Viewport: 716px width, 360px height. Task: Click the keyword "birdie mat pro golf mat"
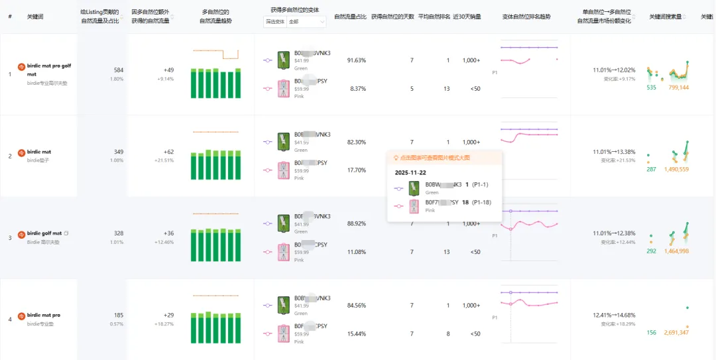(x=48, y=70)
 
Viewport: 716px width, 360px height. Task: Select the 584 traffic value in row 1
(x=118, y=70)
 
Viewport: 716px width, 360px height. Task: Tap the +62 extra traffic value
(x=168, y=152)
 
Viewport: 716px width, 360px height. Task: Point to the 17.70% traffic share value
(x=357, y=170)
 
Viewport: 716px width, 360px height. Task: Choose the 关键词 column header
(x=35, y=16)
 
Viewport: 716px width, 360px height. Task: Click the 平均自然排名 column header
(x=434, y=16)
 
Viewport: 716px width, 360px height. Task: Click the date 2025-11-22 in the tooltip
(x=410, y=172)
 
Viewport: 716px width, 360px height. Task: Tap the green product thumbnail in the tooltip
(x=414, y=188)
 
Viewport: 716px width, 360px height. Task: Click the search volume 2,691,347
(x=676, y=333)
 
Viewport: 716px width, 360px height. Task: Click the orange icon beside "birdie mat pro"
(x=21, y=316)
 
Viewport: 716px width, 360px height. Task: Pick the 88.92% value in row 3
(x=357, y=224)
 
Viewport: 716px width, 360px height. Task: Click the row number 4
(x=10, y=320)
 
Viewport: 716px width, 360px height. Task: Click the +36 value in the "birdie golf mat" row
(x=168, y=233)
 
